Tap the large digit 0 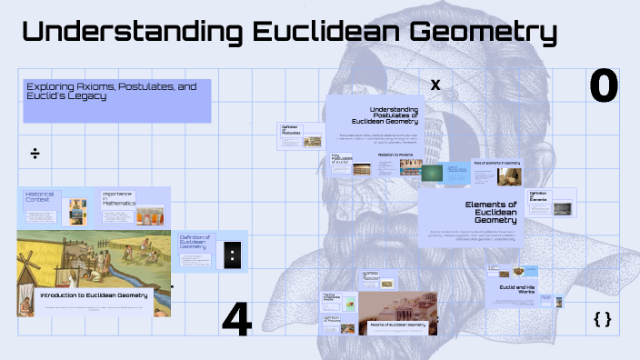click(604, 85)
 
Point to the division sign click(35, 153)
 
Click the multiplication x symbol click(435, 85)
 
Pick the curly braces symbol click(602, 319)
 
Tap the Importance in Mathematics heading click(117, 198)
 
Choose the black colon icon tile click(234, 255)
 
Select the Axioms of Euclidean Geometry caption click(398, 324)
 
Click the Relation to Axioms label click(395, 155)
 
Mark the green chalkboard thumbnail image click(433, 173)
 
